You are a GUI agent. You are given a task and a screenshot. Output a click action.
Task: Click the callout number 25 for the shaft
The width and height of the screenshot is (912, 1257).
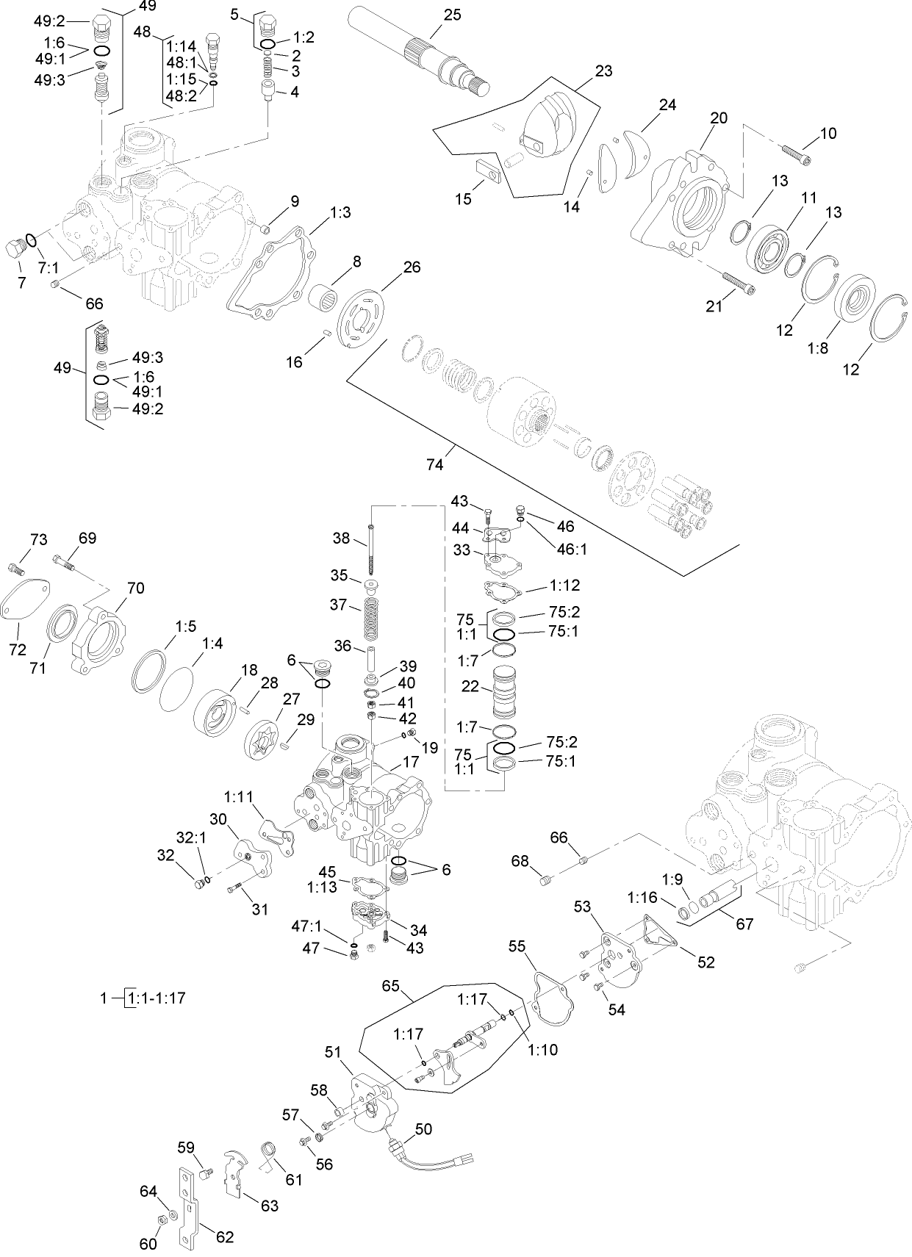coord(453,14)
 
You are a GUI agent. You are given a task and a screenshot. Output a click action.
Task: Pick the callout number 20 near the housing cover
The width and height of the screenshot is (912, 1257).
coord(718,118)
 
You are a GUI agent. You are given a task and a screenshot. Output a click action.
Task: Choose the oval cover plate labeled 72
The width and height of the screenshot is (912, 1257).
coord(26,607)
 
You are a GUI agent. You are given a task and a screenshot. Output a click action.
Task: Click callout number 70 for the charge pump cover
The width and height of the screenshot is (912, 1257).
coord(135,588)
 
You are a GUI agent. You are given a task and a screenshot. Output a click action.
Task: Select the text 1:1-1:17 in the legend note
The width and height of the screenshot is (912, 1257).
coord(157,998)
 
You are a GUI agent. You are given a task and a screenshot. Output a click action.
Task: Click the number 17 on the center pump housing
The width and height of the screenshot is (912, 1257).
coord(410,762)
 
